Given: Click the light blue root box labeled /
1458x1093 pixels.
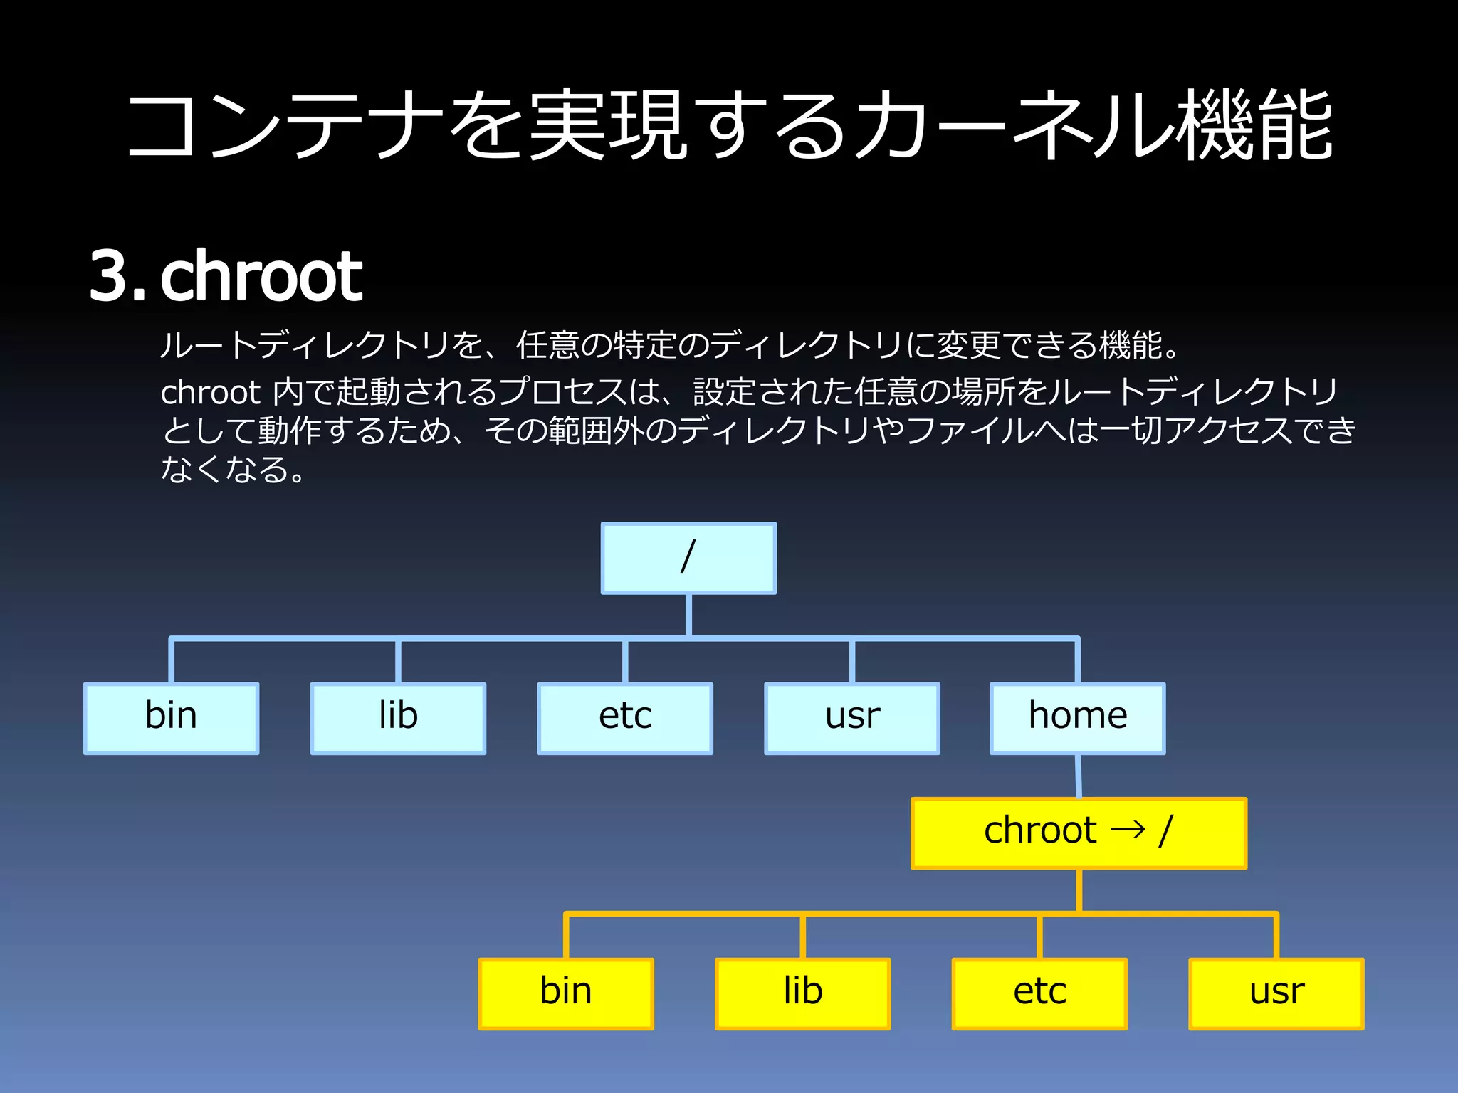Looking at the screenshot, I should [688, 558].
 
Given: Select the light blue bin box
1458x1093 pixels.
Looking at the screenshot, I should [171, 718].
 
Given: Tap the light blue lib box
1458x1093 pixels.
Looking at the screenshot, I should [398, 718].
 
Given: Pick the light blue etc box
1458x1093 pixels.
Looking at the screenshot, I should [625, 718].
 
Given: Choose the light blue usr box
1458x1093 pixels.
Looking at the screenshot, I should [852, 718].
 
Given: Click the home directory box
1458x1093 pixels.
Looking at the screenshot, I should [1078, 718].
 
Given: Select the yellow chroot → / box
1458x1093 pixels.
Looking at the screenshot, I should [1079, 833].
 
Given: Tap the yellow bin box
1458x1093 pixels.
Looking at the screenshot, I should [566, 993].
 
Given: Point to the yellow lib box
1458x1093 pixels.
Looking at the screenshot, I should [803, 993].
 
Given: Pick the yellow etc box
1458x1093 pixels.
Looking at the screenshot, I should [1039, 993].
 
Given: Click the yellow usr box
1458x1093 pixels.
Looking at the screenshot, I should [1276, 993].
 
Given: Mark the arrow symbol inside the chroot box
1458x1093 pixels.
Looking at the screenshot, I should [1128, 830].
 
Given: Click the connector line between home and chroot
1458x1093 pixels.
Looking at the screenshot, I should [1079, 776].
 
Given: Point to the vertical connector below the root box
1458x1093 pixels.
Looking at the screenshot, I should [688, 615].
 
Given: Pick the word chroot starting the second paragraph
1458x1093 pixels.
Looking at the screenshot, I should [211, 392].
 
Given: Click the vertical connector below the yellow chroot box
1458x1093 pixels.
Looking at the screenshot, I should [1079, 890].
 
